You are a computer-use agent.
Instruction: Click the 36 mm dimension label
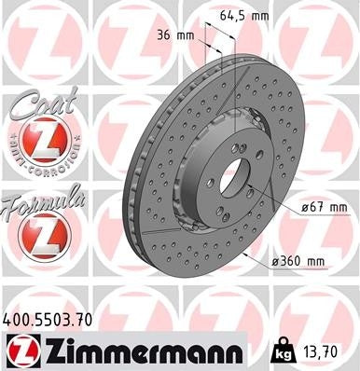pyautogui.click(x=173, y=35)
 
